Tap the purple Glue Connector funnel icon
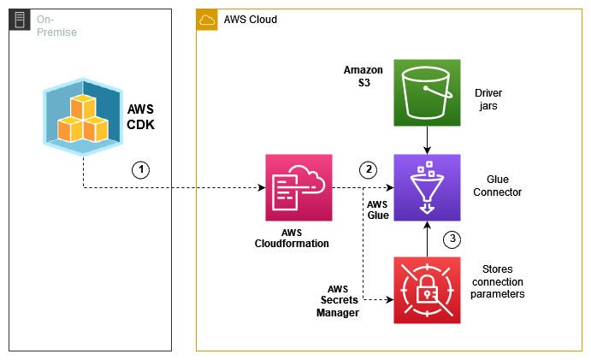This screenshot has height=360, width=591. click(x=427, y=187)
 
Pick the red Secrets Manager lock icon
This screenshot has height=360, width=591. click(x=427, y=290)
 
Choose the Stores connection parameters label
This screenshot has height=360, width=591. click(x=497, y=282)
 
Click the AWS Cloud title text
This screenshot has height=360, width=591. click(x=250, y=19)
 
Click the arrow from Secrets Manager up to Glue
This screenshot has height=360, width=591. click(x=427, y=239)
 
